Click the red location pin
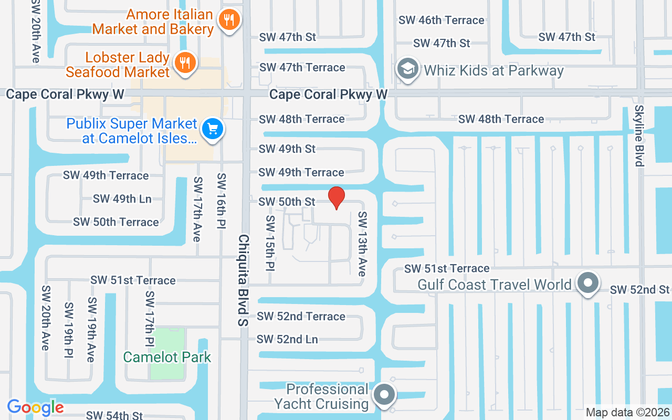[336, 198]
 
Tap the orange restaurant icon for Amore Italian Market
[228, 20]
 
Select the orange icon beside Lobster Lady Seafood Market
[184, 63]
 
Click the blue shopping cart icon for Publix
[213, 129]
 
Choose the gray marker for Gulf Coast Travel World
[587, 283]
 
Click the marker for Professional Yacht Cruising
[385, 394]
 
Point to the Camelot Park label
[167, 358]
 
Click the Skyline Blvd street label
[639, 135]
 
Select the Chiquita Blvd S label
[243, 280]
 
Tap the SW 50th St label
[287, 202]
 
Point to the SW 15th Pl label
[270, 243]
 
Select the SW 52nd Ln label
[287, 340]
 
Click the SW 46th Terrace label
[441, 20]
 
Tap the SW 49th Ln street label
[122, 198]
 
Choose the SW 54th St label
[114, 415]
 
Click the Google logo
[35, 407]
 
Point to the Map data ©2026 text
[627, 413]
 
